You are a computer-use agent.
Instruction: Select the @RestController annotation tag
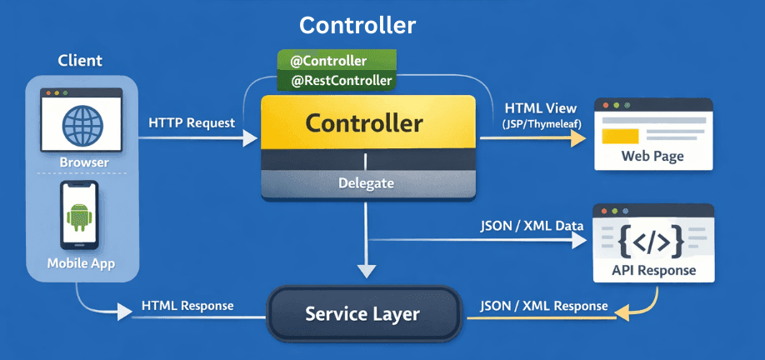(336, 81)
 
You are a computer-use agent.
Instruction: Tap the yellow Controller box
(367, 124)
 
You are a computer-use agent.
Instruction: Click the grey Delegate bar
(367, 183)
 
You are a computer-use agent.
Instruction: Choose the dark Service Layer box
(362, 314)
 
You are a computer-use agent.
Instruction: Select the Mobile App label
(80, 264)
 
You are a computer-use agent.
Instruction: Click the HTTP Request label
(192, 122)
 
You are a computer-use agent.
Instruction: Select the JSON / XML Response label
(542, 306)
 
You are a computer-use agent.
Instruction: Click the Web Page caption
(652, 157)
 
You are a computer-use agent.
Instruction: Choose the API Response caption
(652, 270)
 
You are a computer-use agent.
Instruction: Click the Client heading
(80, 61)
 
